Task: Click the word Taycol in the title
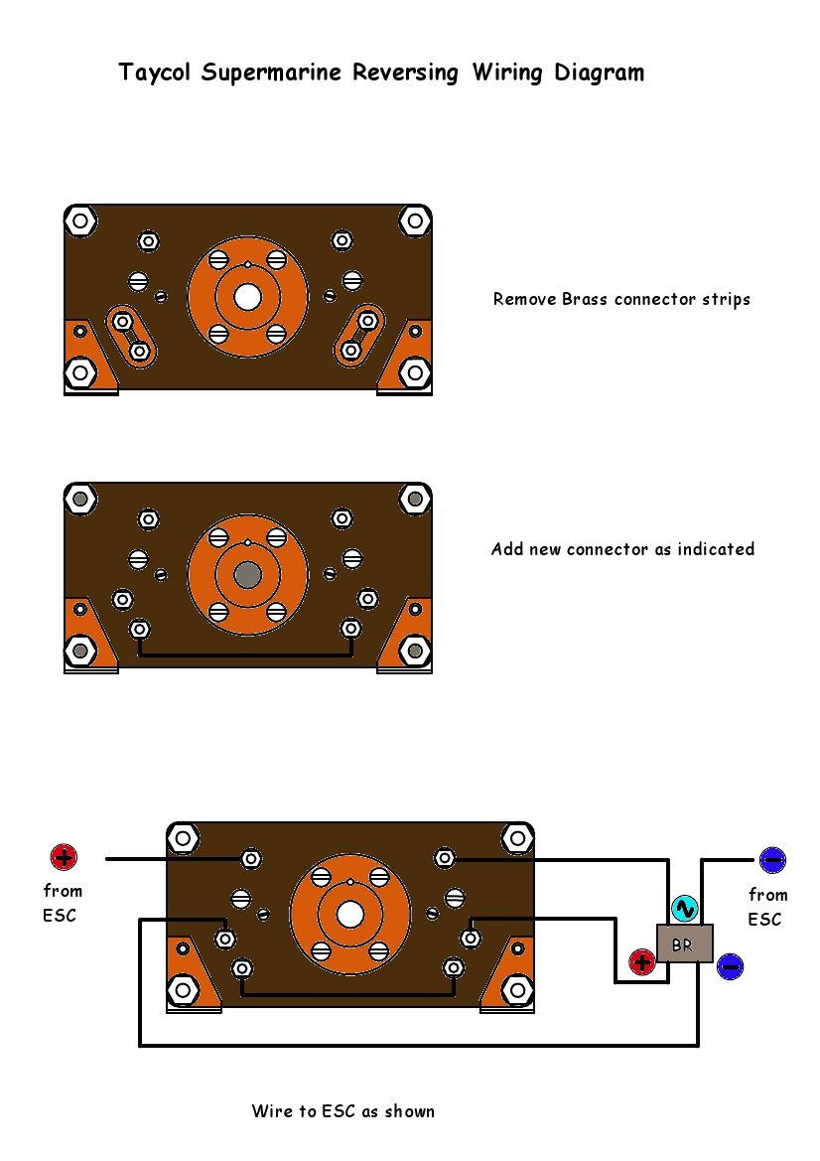(155, 73)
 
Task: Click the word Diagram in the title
(600, 73)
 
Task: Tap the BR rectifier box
(685, 943)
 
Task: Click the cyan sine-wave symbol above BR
(685, 908)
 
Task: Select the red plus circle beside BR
(641, 962)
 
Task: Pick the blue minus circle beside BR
(730, 966)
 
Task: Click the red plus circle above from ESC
(64, 857)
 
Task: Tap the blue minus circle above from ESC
(772, 860)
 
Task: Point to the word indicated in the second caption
(717, 549)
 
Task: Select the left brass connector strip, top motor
(131, 336)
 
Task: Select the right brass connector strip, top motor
(359, 336)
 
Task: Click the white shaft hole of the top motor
(247, 298)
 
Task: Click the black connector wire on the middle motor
(245, 654)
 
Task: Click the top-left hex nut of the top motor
(80, 220)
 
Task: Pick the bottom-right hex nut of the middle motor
(415, 651)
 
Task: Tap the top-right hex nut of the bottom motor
(517, 839)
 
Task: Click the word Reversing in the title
(406, 73)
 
